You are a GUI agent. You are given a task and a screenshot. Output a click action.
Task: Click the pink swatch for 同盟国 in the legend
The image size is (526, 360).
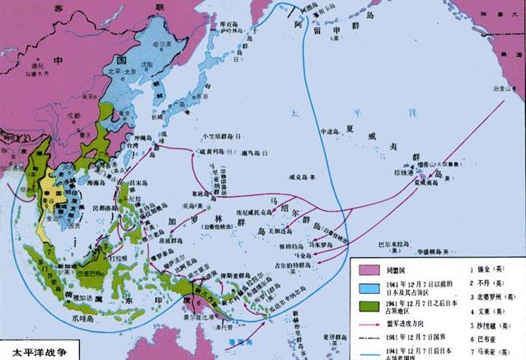tap(367, 269)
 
